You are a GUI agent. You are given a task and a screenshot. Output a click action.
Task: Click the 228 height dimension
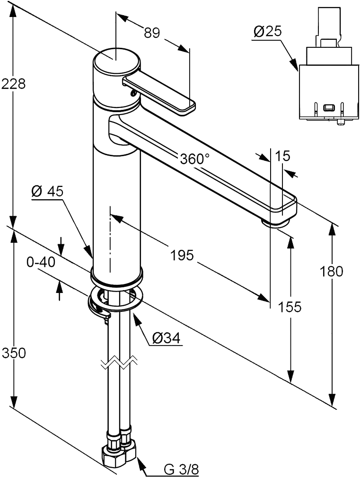13,84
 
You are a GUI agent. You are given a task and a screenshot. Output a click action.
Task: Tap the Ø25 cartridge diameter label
267,32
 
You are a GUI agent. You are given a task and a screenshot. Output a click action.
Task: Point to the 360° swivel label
194,159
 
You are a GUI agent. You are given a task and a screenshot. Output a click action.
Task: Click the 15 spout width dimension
284,156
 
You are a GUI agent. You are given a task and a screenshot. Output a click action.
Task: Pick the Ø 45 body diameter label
47,191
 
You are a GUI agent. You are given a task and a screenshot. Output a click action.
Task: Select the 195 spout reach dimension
183,256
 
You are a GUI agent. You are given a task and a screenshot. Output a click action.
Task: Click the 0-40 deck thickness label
41,262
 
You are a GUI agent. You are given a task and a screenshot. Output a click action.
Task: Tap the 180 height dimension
331,271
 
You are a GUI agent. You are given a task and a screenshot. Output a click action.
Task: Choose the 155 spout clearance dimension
290,307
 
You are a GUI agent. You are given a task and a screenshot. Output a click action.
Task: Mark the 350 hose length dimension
13,353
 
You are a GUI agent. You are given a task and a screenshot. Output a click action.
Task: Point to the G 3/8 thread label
181,469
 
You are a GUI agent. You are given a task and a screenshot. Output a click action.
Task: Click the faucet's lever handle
158,95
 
